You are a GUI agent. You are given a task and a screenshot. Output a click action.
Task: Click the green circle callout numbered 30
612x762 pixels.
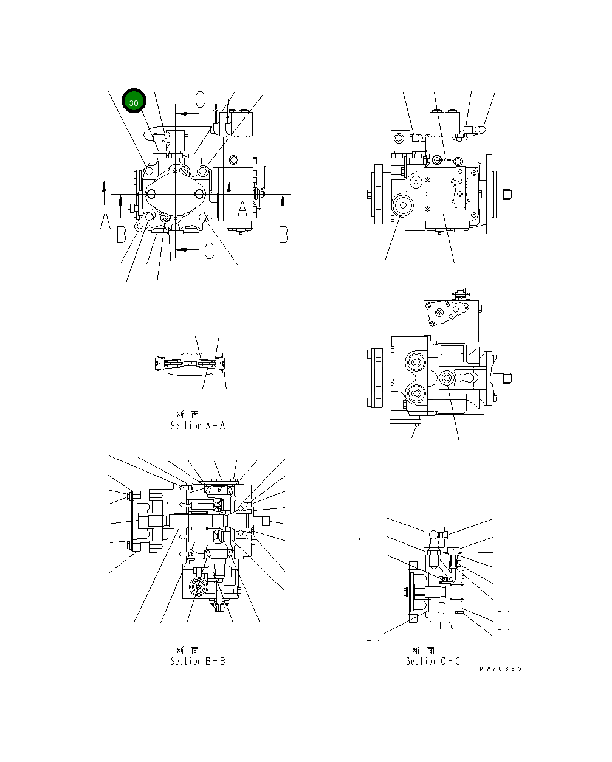134,102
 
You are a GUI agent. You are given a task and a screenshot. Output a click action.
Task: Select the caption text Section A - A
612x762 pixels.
198,426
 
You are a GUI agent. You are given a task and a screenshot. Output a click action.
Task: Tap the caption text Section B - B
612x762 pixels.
198,661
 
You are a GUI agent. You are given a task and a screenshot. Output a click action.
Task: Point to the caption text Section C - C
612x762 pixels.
433,661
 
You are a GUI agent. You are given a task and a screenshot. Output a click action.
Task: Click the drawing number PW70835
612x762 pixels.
500,669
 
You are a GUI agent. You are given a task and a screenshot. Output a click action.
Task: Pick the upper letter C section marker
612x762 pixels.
201,99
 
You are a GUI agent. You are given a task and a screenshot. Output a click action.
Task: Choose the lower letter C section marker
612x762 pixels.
209,250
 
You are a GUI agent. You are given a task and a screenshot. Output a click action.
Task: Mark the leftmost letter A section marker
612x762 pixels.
105,221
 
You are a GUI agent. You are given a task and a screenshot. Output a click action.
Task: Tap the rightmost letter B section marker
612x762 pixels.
283,234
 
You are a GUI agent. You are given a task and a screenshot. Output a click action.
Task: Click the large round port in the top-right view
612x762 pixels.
402,206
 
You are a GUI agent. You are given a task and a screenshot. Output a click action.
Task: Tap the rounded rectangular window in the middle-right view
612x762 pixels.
452,353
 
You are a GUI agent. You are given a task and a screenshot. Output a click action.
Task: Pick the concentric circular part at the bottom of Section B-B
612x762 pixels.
198,587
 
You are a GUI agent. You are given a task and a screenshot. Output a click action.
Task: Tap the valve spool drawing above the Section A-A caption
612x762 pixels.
190,364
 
